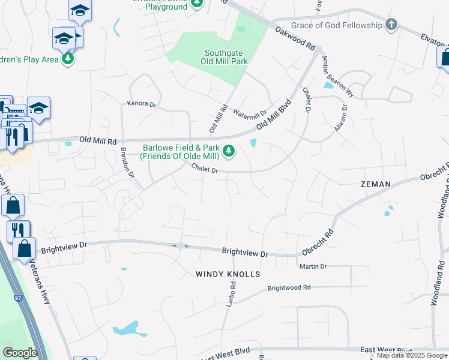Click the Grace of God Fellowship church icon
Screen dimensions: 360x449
391,25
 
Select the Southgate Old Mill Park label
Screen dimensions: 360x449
224,57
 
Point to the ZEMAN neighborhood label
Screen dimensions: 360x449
376,184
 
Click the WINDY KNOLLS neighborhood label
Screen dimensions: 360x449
228,274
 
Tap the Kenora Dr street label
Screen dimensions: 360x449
141,104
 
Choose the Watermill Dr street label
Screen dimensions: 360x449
250,113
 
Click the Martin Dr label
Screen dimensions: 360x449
313,266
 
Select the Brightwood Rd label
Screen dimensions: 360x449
289,287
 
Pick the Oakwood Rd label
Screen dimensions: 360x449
295,37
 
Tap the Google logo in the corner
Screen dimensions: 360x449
20,353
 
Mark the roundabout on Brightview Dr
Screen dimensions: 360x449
179,245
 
